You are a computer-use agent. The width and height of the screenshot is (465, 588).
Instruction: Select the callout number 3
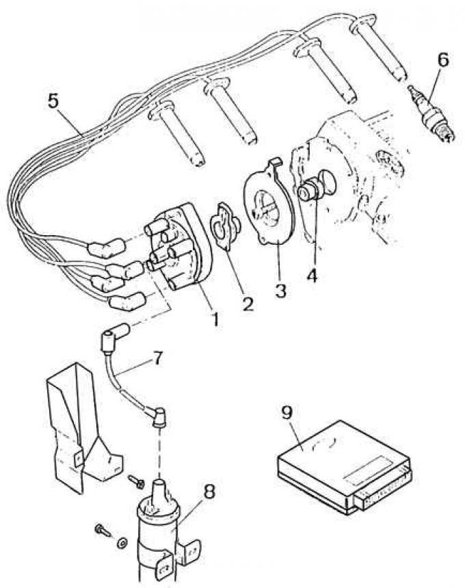pos(280,291)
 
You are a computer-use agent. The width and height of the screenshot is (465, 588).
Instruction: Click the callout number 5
pos(54,101)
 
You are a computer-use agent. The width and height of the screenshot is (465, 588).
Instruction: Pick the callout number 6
pos(443,60)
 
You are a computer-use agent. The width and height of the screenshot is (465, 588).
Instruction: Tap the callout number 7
pos(157,358)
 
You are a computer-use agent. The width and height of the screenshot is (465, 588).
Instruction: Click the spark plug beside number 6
pos(432,113)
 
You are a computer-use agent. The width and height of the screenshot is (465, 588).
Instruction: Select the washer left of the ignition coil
pos(121,542)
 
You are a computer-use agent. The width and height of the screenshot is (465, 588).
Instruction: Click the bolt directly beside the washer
pos(103,531)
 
